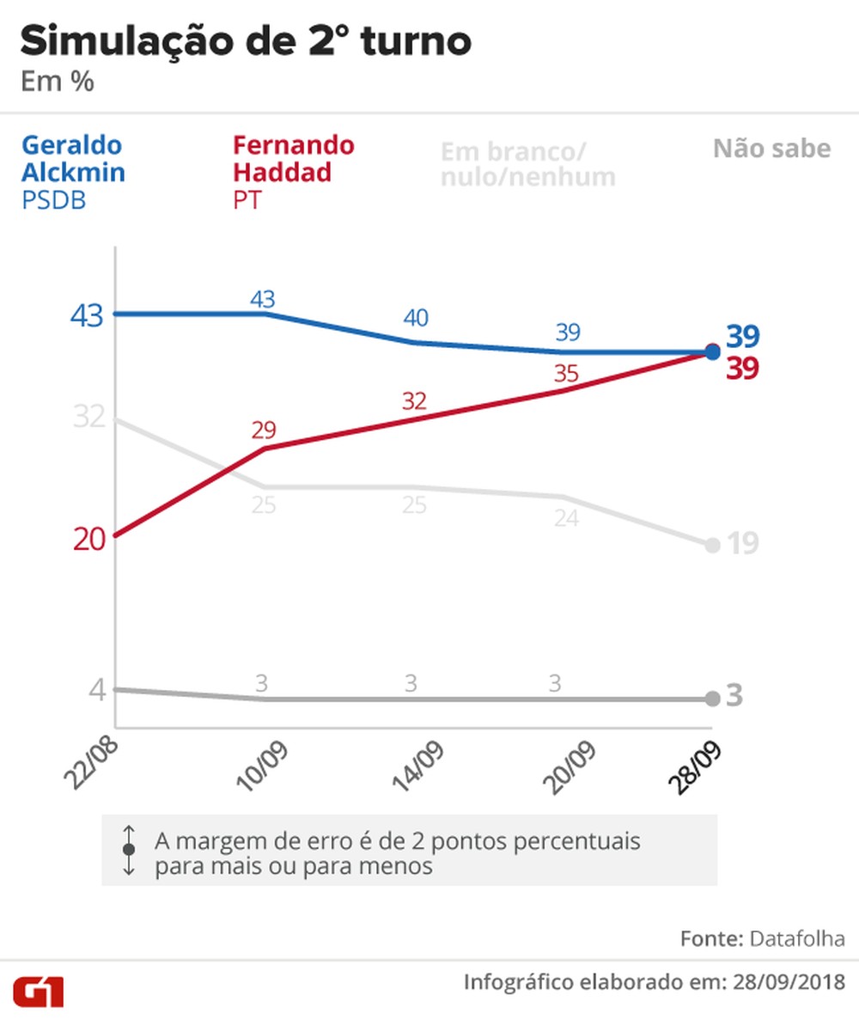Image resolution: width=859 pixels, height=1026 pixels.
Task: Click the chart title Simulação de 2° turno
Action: coord(246,42)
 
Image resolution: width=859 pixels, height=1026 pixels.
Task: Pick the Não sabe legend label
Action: coord(771,149)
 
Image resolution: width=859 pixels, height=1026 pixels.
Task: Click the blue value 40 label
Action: coord(416,318)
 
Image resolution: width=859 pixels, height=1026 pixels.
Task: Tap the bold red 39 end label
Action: coord(742,369)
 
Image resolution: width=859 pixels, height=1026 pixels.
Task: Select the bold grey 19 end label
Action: coord(742,544)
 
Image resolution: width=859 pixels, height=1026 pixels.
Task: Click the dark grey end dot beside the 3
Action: coord(712,699)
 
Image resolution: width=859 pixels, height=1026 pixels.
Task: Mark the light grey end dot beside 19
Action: coord(712,545)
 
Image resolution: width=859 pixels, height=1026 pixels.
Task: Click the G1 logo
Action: coord(38,992)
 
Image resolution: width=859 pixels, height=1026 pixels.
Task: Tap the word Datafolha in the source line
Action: coord(798,938)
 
